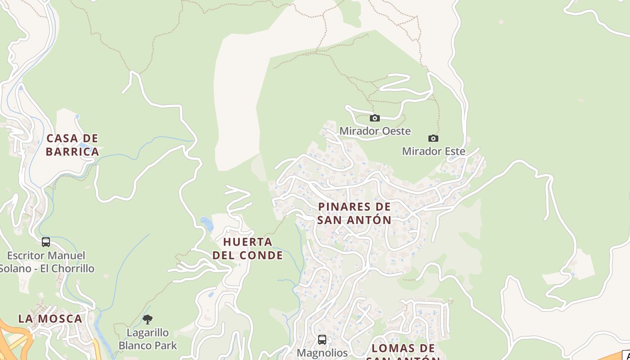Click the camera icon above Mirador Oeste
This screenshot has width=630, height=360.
pyautogui.click(x=374, y=118)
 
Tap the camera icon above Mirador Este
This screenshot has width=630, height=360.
pyautogui.click(x=433, y=138)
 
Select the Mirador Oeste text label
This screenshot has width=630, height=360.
pyautogui.click(x=375, y=131)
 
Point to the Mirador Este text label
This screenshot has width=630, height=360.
pyautogui.click(x=433, y=151)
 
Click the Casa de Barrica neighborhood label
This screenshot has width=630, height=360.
pyautogui.click(x=72, y=145)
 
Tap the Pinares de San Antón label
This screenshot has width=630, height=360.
pyautogui.click(x=355, y=213)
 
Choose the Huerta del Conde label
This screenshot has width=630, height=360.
pyautogui.click(x=248, y=248)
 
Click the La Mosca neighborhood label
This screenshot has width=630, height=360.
pyautogui.click(x=50, y=319)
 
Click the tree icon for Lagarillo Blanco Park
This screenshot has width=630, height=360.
pyautogui.click(x=148, y=319)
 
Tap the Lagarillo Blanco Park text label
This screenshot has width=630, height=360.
pyautogui.click(x=148, y=339)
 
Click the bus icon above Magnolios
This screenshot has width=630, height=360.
pyautogui.click(x=322, y=339)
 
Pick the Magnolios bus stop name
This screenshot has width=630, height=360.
pyautogui.click(x=322, y=353)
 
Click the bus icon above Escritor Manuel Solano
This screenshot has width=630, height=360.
pyautogui.click(x=46, y=242)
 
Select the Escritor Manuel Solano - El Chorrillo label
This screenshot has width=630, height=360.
pyautogui.click(x=46, y=262)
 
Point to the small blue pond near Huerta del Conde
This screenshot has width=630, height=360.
pyautogui.click(x=207, y=224)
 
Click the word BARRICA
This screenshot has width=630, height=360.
pyautogui.click(x=72, y=152)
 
